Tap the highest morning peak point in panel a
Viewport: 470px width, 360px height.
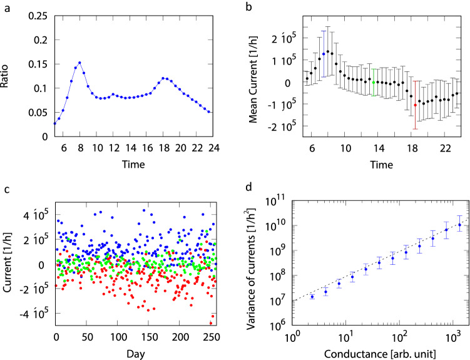click(x=80, y=63)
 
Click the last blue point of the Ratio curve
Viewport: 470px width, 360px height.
click(x=209, y=112)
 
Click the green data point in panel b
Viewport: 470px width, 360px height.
click(x=374, y=82)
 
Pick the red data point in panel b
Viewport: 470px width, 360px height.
click(x=415, y=105)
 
